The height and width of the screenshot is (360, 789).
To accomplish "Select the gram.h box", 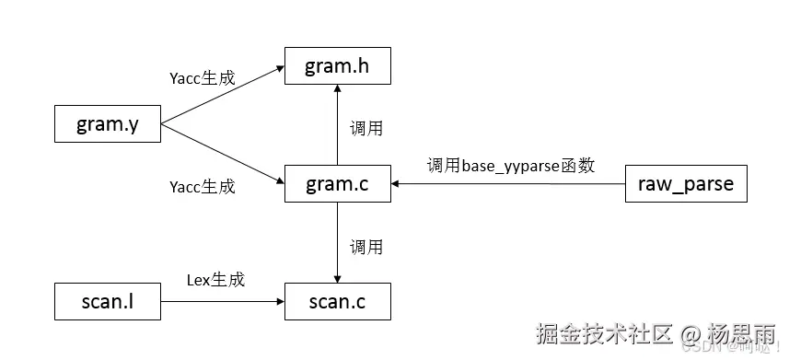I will [x=338, y=66].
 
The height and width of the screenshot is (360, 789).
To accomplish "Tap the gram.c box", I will [x=338, y=184].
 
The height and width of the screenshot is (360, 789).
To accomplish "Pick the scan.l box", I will [x=107, y=301].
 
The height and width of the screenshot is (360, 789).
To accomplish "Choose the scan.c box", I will [x=338, y=301].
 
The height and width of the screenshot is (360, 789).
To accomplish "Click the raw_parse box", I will [x=685, y=184].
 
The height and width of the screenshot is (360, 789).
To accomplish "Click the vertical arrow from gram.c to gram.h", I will [x=338, y=125].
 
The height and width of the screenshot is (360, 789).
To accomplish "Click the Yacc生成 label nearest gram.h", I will [x=203, y=77].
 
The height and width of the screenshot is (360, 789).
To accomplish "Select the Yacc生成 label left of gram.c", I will [x=203, y=187].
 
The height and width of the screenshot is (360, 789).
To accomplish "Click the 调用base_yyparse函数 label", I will [x=510, y=166].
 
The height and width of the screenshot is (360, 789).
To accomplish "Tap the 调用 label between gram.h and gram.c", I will [x=365, y=128].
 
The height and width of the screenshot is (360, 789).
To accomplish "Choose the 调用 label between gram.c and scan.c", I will [x=365, y=247].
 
